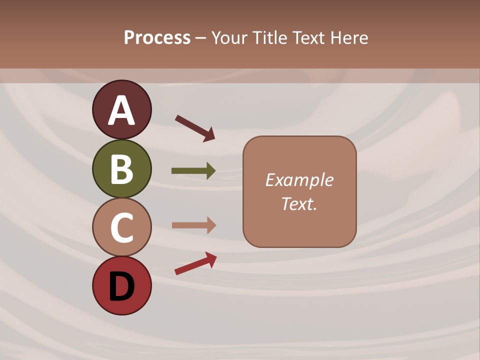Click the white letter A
click(x=121, y=110)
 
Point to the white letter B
click(x=121, y=169)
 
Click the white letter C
click(x=121, y=227)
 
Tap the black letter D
click(x=121, y=286)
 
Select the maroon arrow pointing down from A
click(x=195, y=127)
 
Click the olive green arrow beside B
click(x=193, y=171)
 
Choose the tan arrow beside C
click(x=193, y=225)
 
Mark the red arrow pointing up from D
click(x=195, y=263)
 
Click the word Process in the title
click(x=157, y=38)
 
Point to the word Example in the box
click(x=299, y=180)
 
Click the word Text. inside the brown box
click(x=299, y=204)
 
